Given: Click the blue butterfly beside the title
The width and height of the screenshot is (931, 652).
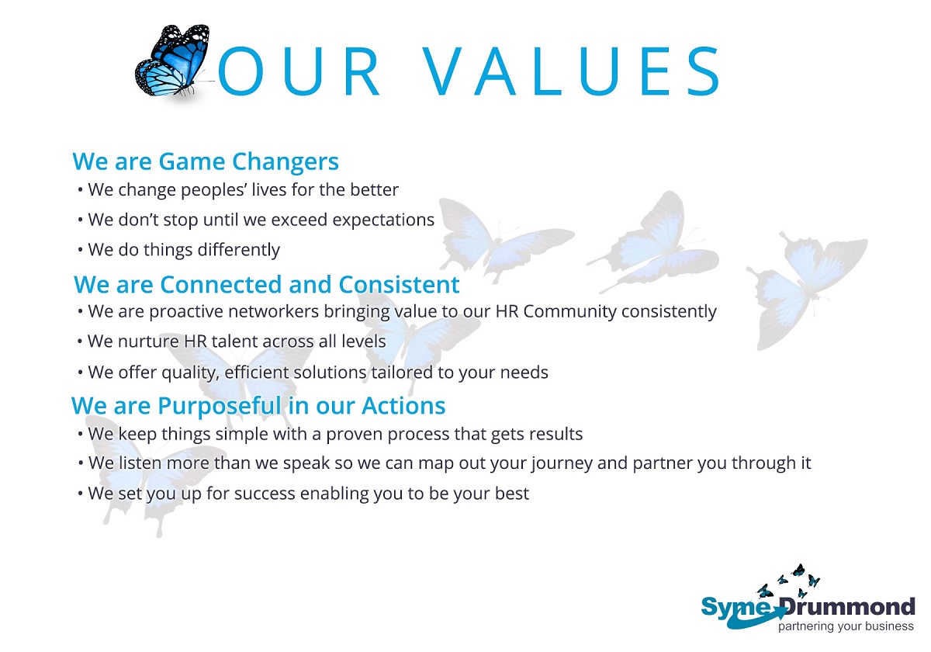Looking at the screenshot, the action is (172, 61).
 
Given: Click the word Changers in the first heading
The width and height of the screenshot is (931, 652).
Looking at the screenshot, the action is (286, 161).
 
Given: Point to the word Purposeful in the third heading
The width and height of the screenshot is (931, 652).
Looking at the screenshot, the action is (220, 406).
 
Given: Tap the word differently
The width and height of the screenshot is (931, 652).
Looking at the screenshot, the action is (239, 250).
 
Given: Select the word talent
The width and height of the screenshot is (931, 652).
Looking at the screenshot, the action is (234, 341).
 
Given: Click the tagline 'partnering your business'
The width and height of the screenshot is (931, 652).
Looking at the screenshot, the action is (846, 626).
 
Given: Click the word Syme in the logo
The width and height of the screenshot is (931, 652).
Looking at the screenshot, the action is (736, 608).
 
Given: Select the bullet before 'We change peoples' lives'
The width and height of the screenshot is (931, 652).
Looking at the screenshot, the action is (80, 190).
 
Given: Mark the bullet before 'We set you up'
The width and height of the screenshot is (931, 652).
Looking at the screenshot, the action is (80, 494).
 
